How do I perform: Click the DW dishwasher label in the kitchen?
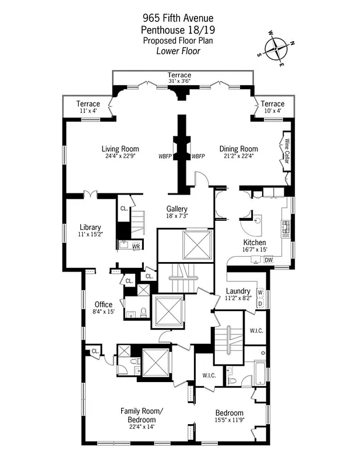click(269, 260)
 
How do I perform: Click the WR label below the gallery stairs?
click(136, 247)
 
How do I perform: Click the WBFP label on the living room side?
click(165, 157)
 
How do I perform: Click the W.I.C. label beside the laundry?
click(256, 331)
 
